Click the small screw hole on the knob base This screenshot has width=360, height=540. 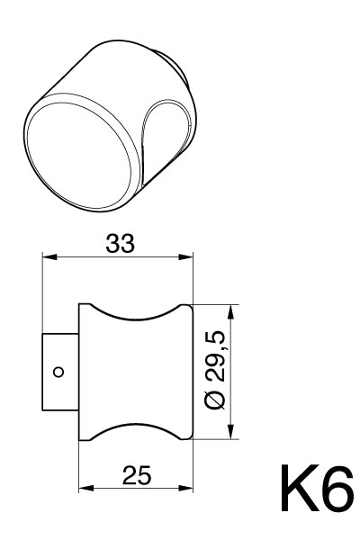click(58, 370)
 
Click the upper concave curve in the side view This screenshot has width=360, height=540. click(137, 316)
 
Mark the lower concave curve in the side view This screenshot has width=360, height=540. click(137, 427)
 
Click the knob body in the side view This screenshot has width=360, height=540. click(137, 372)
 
